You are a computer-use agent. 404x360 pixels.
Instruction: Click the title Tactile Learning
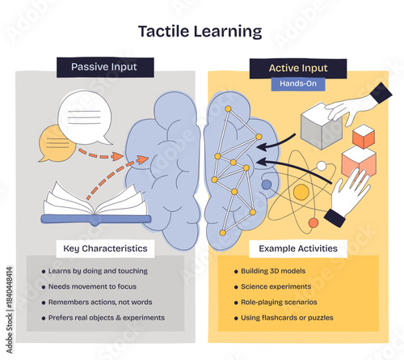pos(200,32)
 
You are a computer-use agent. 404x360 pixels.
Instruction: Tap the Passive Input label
pos(105,67)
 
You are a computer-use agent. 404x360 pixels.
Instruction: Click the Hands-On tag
pos(298,84)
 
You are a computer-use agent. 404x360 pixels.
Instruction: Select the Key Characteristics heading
pos(101,248)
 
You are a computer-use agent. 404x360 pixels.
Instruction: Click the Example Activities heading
pos(298,248)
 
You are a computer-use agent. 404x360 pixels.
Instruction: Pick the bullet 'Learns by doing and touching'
pos(102,271)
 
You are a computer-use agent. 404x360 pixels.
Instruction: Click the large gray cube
pos(321,127)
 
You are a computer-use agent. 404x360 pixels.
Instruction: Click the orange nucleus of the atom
pos(300,192)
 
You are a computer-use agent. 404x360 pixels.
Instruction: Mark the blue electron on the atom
pos(267,184)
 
